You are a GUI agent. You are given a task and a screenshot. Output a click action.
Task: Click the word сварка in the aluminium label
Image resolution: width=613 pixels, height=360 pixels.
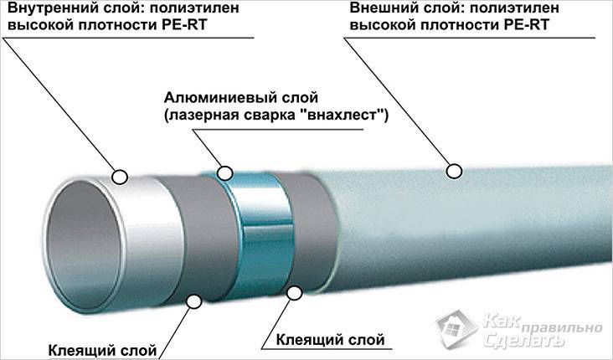pyautogui.click(x=275, y=116)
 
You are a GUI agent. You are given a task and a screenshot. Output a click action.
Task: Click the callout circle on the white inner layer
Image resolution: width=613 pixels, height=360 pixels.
pyautogui.click(x=120, y=177)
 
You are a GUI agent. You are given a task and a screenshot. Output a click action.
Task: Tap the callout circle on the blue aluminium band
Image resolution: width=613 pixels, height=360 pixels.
pyautogui.click(x=225, y=172)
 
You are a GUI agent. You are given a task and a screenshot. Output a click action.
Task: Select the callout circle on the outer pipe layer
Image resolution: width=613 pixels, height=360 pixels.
pyautogui.click(x=454, y=171)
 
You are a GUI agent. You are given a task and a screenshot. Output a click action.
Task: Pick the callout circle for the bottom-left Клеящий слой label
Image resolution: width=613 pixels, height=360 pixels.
pyautogui.click(x=193, y=301)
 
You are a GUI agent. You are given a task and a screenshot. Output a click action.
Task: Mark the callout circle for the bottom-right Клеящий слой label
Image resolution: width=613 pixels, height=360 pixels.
pyautogui.click(x=294, y=293)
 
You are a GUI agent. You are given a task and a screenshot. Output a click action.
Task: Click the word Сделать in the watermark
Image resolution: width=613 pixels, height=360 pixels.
pyautogui.click(x=524, y=341)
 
